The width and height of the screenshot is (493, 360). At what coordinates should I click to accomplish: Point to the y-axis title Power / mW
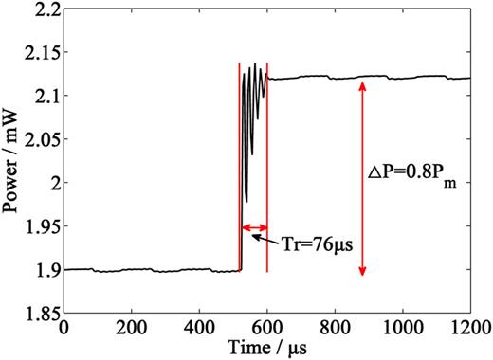(x=11, y=161)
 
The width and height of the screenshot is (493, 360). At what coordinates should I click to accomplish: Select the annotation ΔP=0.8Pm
(x=409, y=176)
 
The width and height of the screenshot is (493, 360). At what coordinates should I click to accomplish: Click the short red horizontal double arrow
(x=253, y=227)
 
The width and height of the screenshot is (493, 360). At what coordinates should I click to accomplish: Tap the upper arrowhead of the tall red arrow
(x=361, y=85)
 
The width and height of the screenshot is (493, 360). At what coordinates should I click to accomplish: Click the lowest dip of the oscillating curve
(x=246, y=200)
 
